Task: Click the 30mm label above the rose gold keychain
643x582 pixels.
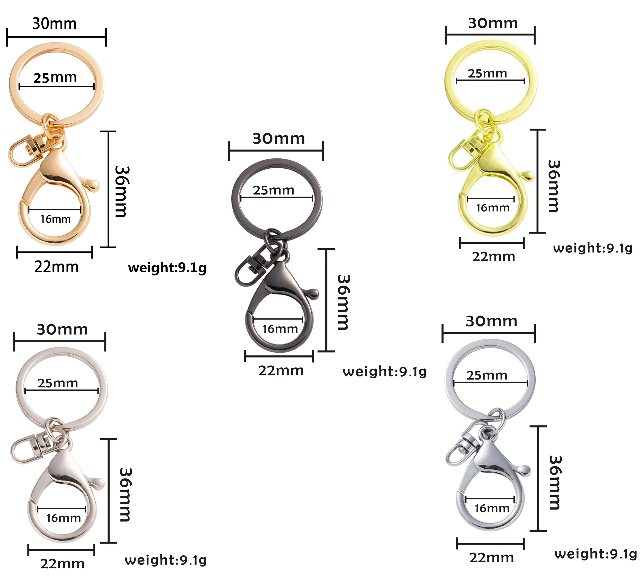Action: [55, 24]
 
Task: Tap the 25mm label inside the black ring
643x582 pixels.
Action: [274, 190]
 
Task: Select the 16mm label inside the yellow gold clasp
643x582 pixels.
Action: [493, 208]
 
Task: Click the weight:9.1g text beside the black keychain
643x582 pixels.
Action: [385, 372]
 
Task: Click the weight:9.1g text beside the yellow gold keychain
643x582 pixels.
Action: [592, 248]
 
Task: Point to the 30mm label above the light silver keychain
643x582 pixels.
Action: [62, 329]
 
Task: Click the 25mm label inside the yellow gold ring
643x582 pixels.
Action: [487, 73]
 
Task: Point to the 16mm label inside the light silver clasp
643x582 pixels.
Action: [63, 518]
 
